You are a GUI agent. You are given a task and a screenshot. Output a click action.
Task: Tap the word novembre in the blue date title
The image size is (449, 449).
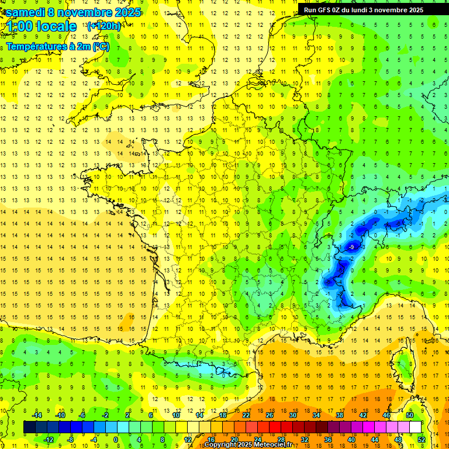coord(87,12)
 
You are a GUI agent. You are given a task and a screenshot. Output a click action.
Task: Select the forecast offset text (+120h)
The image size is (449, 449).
coord(104,26)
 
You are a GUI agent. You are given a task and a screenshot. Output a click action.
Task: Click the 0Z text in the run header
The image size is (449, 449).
coord(340,10)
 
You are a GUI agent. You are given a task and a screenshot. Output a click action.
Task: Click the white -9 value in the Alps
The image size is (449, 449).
coord(351,247)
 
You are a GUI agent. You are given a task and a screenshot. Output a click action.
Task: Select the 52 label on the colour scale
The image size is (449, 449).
coord(422,439)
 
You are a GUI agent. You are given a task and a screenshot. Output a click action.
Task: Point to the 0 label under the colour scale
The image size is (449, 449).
coord(116,439)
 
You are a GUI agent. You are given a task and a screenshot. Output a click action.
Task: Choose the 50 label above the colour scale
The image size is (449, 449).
coord(410,415)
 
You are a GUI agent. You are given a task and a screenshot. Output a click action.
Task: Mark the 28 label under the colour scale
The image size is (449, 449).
coord(281,439)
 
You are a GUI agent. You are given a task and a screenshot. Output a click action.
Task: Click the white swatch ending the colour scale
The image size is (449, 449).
coord(416,427)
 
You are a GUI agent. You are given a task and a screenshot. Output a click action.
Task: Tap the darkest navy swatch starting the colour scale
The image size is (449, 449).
coord(29,427)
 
